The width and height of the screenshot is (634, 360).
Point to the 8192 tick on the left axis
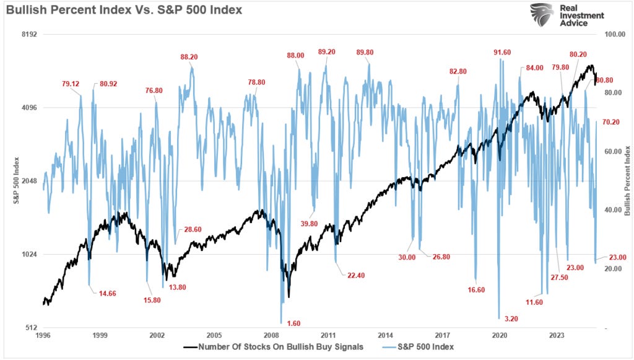30,35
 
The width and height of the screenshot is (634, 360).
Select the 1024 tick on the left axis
30,255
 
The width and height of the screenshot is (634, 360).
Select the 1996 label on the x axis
43,335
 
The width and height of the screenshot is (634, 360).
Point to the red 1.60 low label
293,323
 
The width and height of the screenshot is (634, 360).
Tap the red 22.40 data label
355,276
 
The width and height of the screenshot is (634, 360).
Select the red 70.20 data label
610,122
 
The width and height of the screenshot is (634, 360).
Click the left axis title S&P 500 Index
17,181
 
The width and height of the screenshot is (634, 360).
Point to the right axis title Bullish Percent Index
627,181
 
